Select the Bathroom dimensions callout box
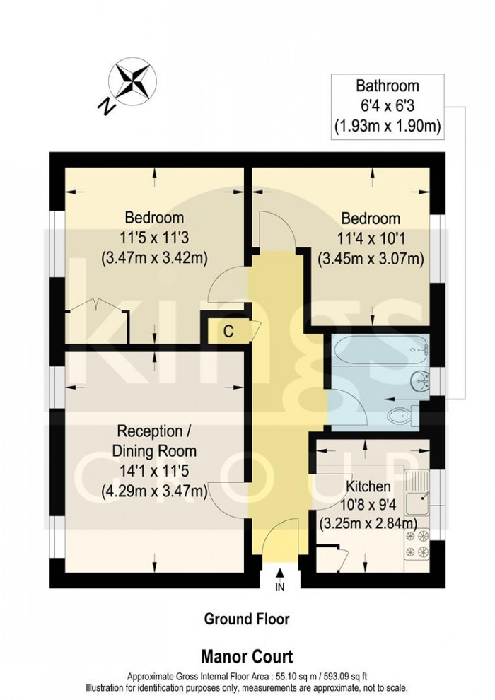pos(387,107)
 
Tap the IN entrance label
pos(280,586)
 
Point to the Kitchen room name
pos(367,486)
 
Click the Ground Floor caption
pos(247,619)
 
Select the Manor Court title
pos(247,656)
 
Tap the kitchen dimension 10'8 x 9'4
pos(367,505)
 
